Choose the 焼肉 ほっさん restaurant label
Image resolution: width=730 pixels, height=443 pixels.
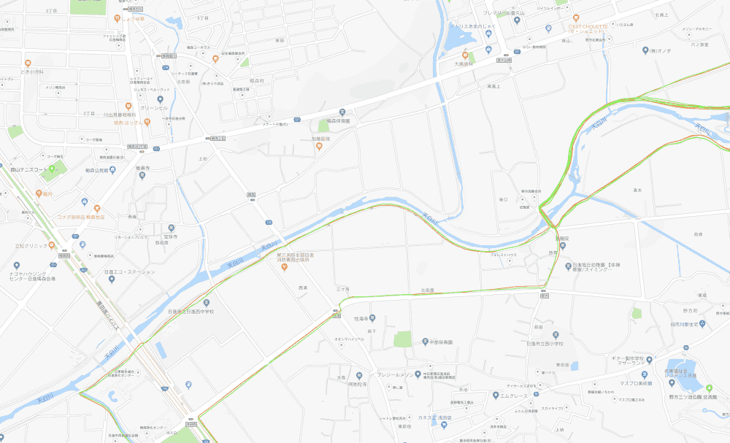coord(131,123)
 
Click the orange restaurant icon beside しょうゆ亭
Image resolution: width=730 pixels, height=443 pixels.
coord(117,18)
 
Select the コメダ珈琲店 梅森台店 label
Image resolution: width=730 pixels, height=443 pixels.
coord(81,217)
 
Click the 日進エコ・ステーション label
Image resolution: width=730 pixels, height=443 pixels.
coord(130,271)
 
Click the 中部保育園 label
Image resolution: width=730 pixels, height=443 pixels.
coord(443,342)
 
